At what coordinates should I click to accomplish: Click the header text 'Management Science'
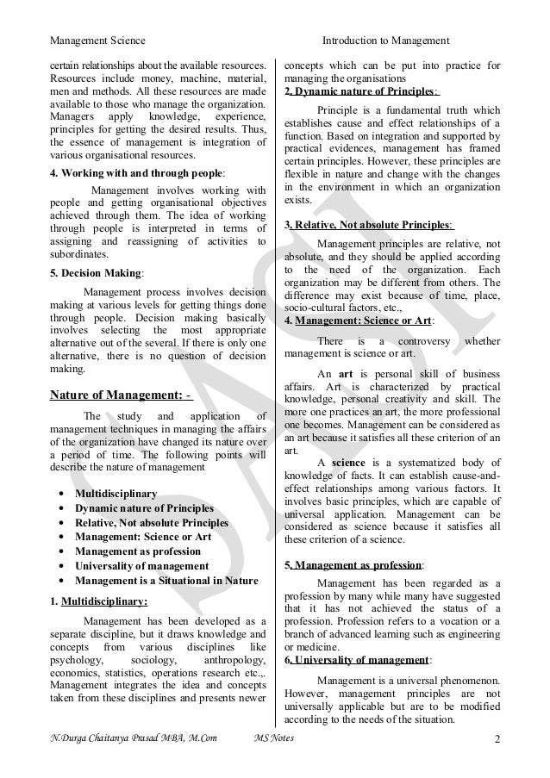(97, 40)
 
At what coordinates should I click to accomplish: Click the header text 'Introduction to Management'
(385, 40)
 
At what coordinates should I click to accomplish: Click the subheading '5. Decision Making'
(96, 275)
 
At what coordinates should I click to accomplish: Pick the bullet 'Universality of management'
(141, 566)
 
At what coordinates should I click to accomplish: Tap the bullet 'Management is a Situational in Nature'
(166, 581)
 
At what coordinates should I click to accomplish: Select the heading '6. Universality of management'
(356, 661)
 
